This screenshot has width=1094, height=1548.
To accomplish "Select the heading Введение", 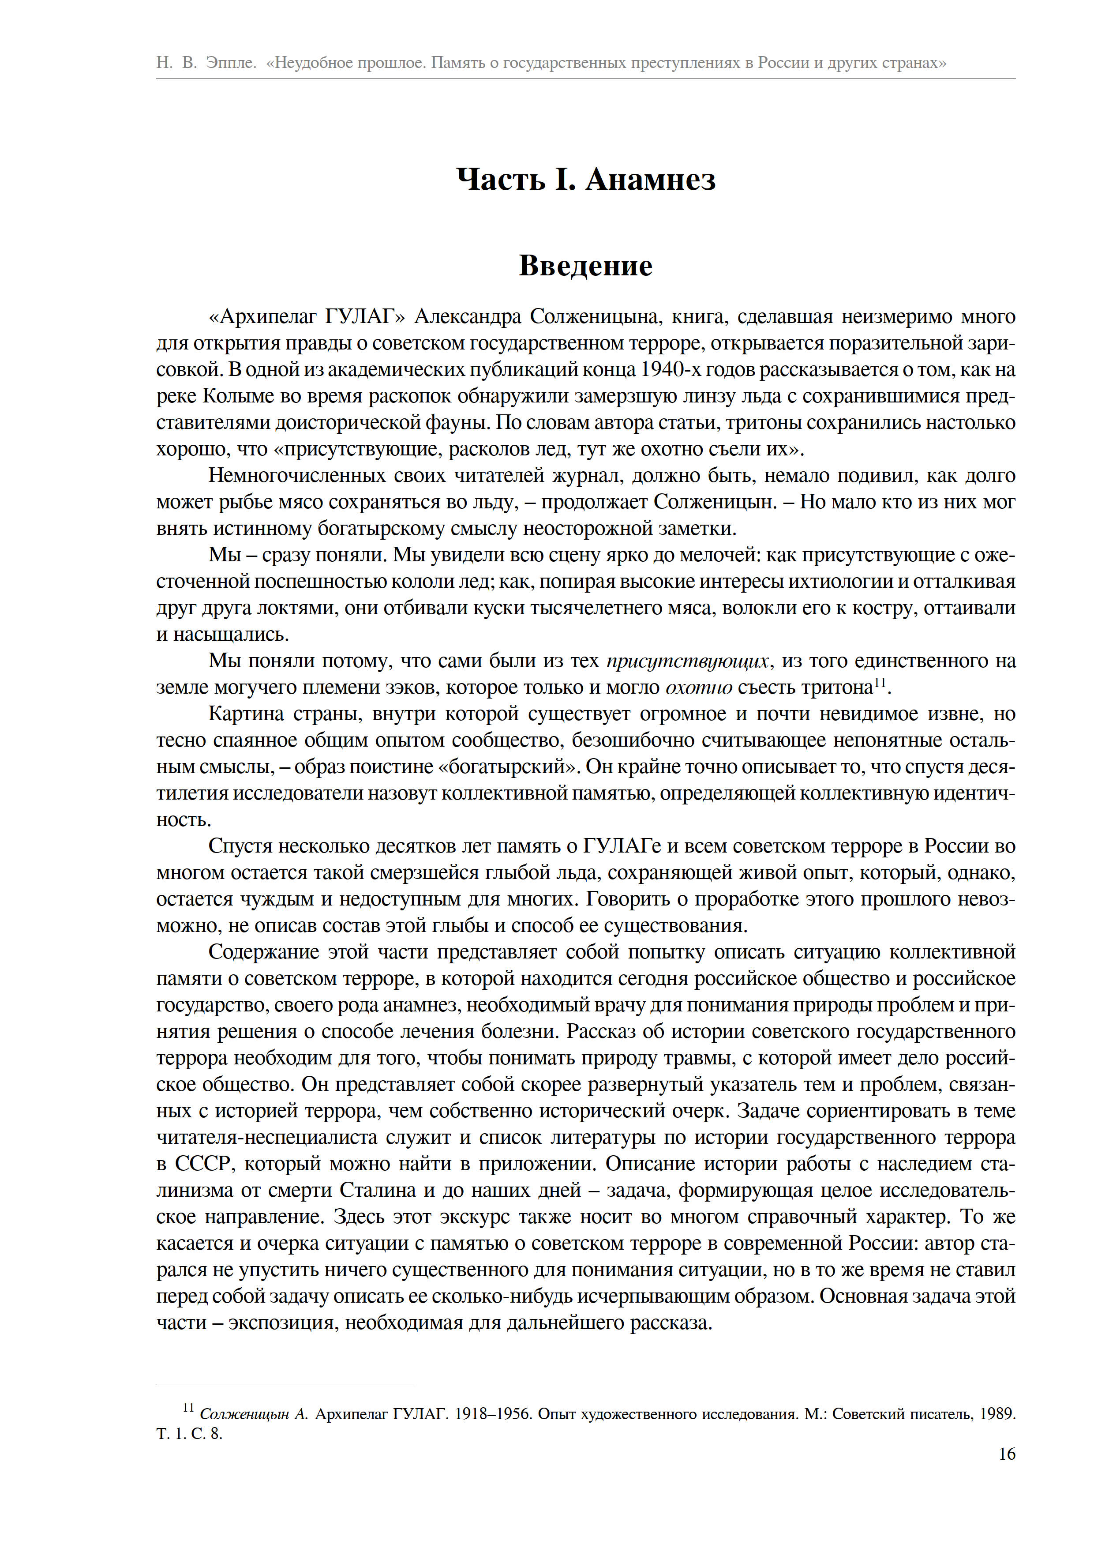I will (x=585, y=266).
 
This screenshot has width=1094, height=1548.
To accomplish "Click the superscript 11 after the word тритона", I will (x=880, y=683).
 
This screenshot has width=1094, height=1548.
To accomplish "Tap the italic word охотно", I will (x=698, y=687).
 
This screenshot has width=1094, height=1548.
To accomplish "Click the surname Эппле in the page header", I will (x=231, y=63).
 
